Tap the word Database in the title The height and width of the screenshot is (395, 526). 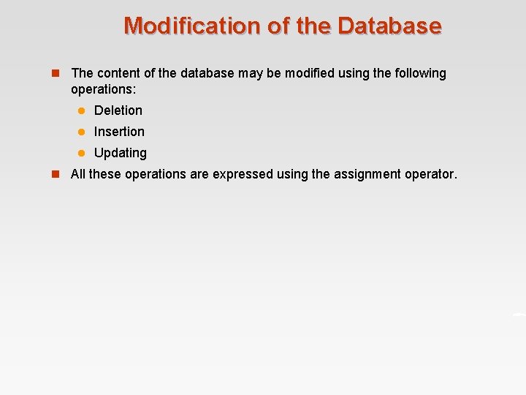389,26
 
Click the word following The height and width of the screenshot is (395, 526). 419,73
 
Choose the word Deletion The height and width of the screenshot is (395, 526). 118,110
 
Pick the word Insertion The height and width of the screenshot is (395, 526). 119,132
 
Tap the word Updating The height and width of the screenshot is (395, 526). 121,153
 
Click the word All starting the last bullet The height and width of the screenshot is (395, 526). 77,174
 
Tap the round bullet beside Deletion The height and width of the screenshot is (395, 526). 83,110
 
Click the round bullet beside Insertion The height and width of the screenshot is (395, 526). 83,132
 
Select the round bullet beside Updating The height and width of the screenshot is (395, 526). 83,153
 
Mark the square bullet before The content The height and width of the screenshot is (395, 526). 56,73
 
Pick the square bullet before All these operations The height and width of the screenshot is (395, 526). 56,174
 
